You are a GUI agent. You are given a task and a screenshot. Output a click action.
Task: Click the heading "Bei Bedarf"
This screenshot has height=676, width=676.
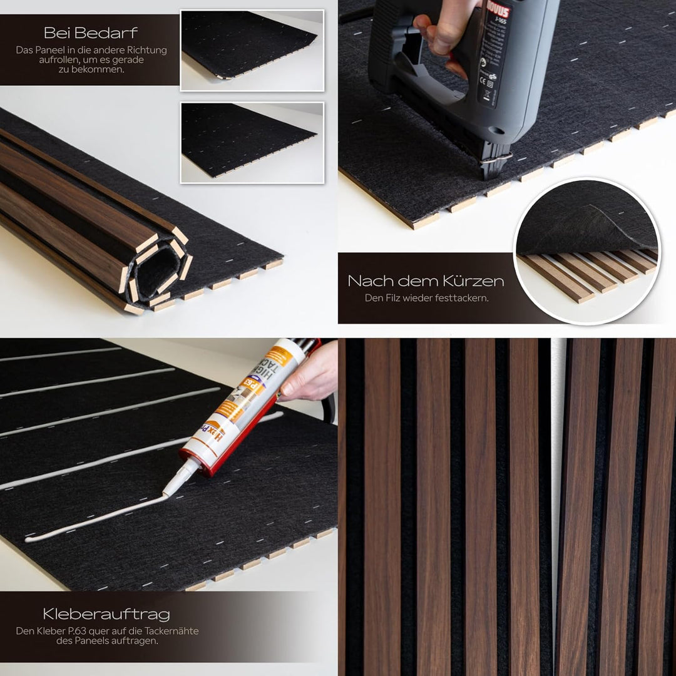click(x=91, y=33)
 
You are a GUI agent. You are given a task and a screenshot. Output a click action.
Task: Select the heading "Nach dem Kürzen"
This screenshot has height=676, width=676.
click(x=426, y=280)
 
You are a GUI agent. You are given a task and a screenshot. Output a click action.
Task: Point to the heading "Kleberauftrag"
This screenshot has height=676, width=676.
click(x=106, y=614)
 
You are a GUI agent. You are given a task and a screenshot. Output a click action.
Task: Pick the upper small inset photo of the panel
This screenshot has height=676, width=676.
click(x=252, y=50)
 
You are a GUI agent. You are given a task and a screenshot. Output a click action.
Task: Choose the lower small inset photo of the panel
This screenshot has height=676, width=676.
click(x=252, y=143)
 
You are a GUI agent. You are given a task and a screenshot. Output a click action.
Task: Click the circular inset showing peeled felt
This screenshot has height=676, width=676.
click(x=586, y=250)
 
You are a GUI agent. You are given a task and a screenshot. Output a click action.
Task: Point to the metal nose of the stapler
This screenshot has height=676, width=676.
click(x=494, y=160)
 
